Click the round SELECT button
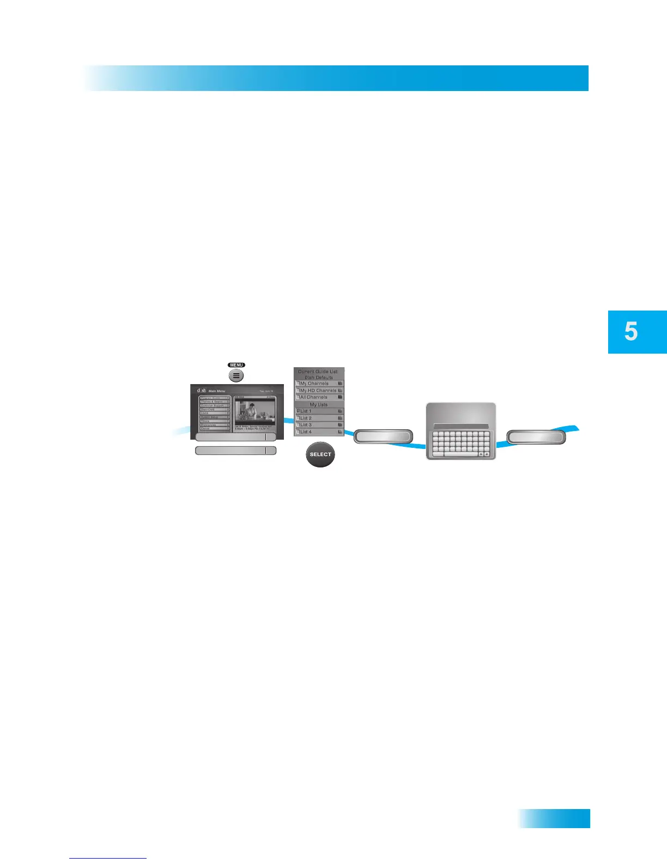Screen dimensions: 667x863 [x=320, y=454]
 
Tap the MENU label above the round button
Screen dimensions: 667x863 [x=237, y=365]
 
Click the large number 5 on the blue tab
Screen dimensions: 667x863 [x=631, y=331]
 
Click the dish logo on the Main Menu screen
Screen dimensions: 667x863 [x=202, y=391]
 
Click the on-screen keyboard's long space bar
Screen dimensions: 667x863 [x=460, y=454]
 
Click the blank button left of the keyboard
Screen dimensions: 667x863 [x=384, y=436]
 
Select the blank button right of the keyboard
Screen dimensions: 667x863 [x=536, y=437]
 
